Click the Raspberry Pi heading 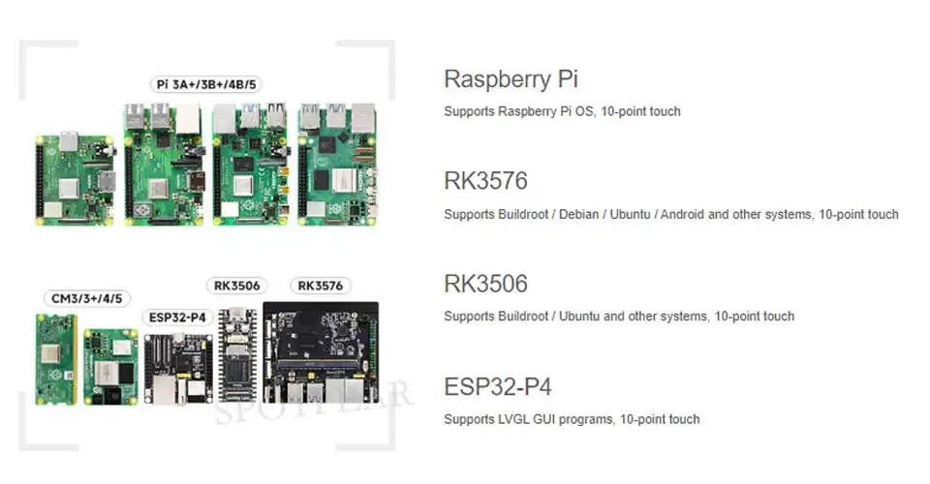coord(511,79)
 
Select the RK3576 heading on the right coord(485,182)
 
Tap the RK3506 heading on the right coord(485,285)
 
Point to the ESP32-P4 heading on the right coord(497,387)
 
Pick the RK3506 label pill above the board coord(236,286)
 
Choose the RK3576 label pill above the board coord(320,286)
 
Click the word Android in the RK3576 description coord(682,214)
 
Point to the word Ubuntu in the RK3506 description coord(578,317)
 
